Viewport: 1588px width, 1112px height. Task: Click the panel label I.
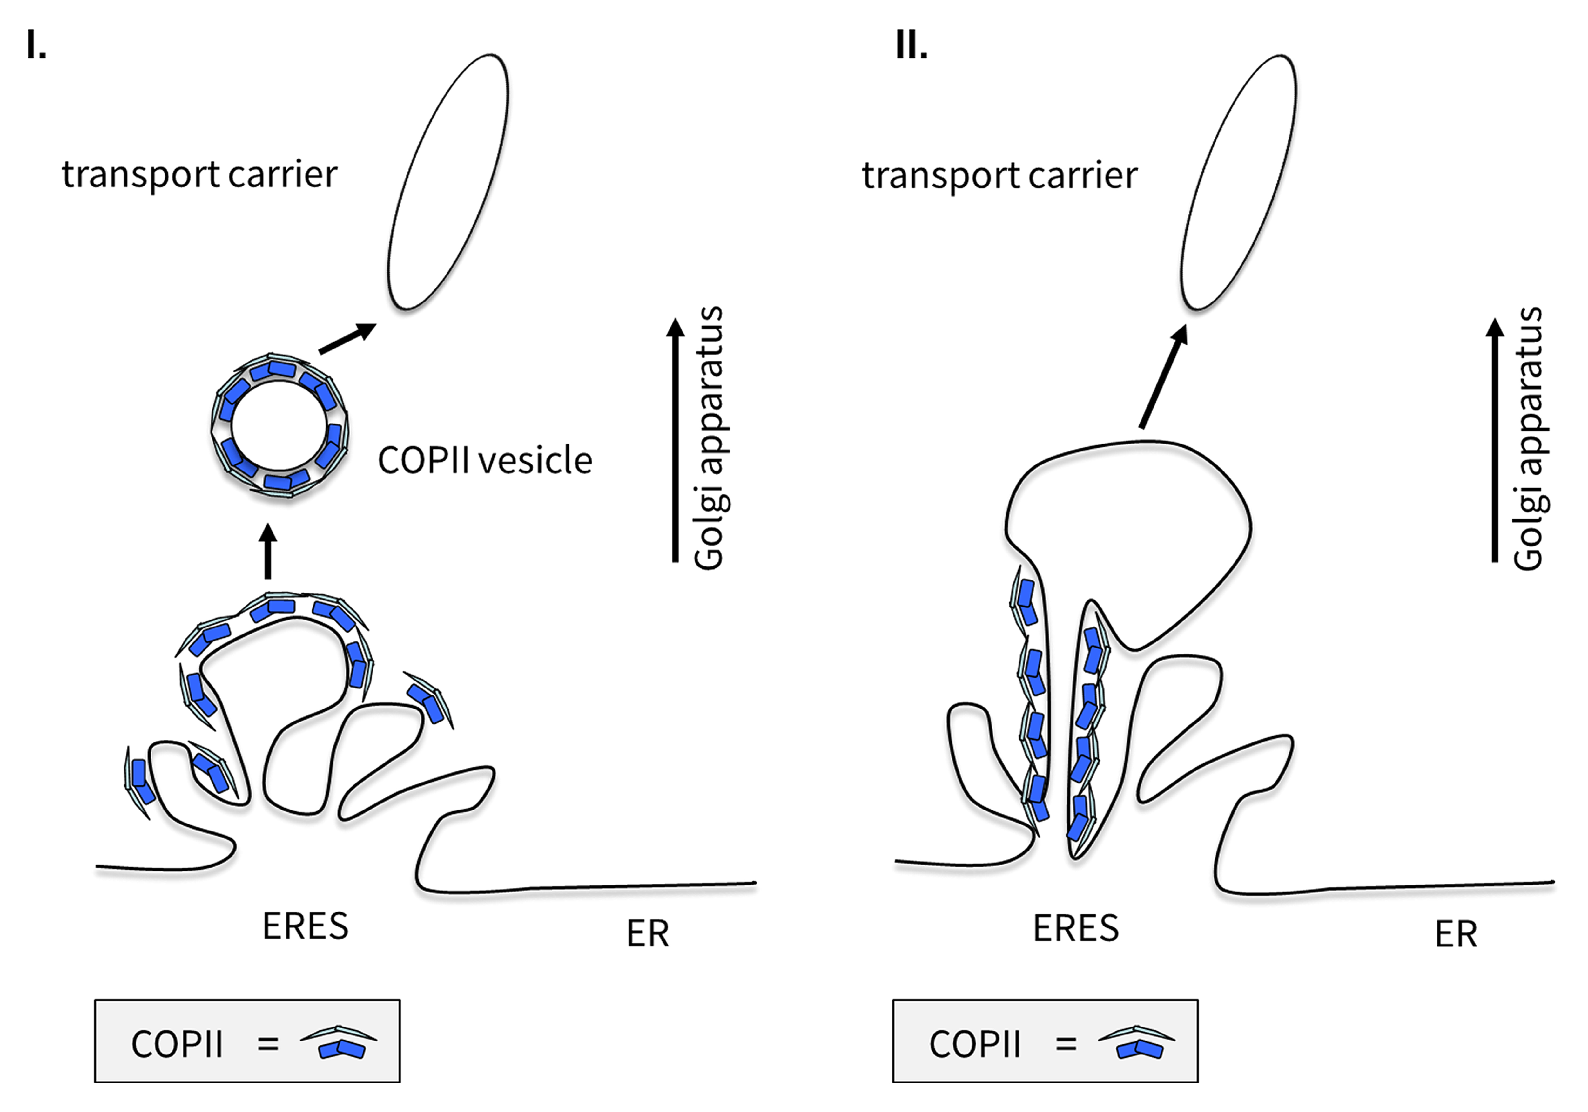point(36,46)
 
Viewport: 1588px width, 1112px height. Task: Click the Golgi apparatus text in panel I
point(709,438)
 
